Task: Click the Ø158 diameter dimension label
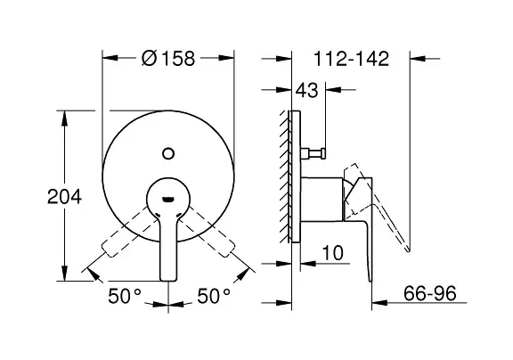pos(168,59)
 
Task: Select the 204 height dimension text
pos(64,197)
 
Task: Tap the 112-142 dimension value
pos(352,59)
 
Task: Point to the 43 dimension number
pos(306,90)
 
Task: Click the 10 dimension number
pos(333,253)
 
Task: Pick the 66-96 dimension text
pos(429,293)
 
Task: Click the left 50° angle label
pos(125,296)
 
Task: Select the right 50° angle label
pos(214,296)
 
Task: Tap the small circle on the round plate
pos(168,153)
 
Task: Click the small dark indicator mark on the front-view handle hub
pos(168,199)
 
